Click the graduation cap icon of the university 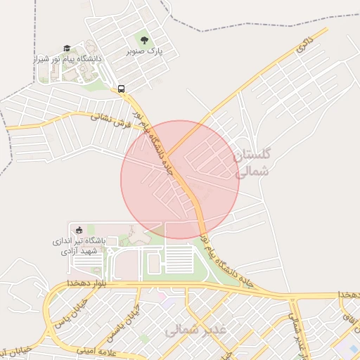[67, 49]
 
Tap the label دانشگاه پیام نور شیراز [67, 59]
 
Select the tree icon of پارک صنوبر [145, 40]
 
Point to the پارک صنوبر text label [145, 51]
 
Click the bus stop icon [121, 89]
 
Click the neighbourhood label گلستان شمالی [252, 162]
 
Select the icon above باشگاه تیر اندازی [79, 229]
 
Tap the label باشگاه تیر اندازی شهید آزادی [79, 245]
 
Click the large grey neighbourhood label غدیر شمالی [195, 329]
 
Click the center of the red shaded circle [181, 180]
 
